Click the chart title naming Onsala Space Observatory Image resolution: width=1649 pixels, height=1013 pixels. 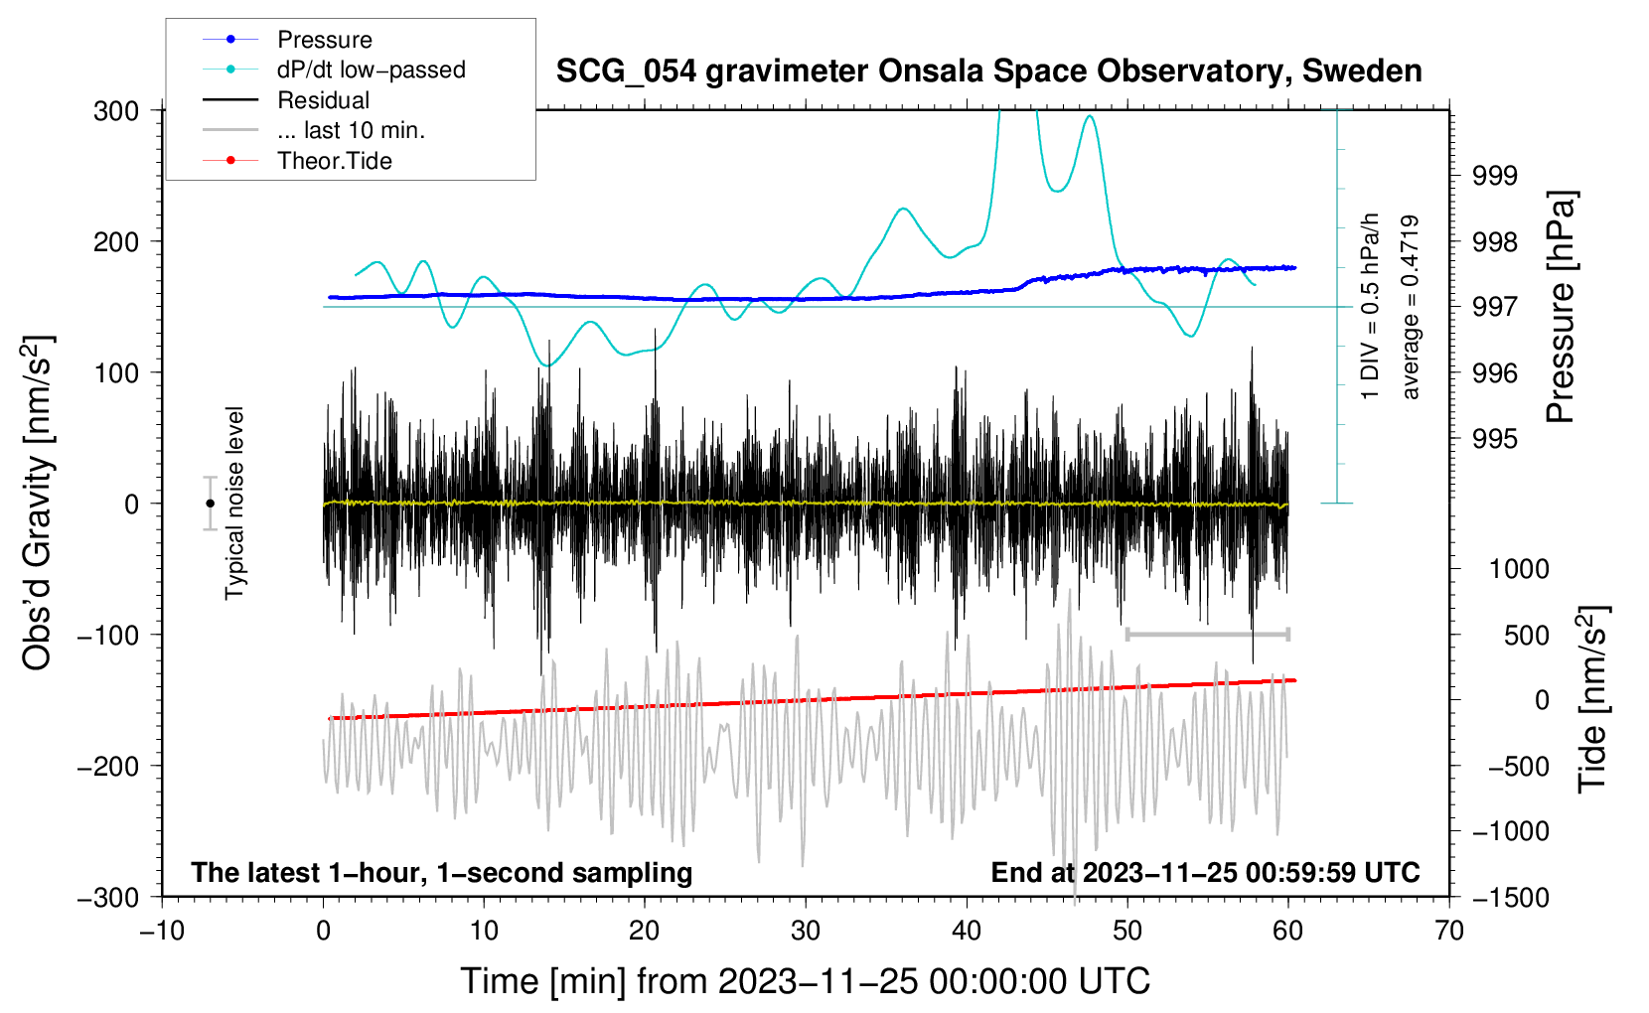(x=988, y=72)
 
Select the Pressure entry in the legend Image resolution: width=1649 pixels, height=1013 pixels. (x=324, y=40)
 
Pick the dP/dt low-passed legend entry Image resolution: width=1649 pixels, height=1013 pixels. (x=371, y=70)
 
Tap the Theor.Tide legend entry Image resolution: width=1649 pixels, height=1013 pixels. (x=334, y=161)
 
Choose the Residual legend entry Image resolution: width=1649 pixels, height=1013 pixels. (x=323, y=100)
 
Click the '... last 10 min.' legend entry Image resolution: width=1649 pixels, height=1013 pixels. (x=351, y=130)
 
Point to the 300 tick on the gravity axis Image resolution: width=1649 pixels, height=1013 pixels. (x=116, y=110)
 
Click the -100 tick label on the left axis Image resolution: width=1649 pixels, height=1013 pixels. (x=107, y=635)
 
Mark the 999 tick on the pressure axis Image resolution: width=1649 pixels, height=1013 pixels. (x=1495, y=176)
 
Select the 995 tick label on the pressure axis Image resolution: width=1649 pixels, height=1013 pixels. (x=1495, y=439)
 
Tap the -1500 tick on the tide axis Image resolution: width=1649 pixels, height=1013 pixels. (x=1511, y=897)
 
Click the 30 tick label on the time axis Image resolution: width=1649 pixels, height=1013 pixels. (x=806, y=932)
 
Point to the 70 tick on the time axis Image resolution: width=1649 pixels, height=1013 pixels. (x=1449, y=932)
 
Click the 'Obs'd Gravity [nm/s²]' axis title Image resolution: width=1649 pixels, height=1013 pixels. (x=38, y=503)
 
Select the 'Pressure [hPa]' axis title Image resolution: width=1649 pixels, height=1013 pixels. (x=1561, y=308)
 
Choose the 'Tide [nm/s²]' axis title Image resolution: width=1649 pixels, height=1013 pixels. (x=1592, y=698)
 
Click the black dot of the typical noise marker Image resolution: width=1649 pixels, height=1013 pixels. (x=210, y=504)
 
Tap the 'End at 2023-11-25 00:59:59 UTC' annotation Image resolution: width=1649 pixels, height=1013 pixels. (x=1205, y=873)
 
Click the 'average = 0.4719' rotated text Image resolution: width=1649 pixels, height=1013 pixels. (x=1411, y=308)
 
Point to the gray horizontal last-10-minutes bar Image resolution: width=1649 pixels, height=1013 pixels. (x=1207, y=634)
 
